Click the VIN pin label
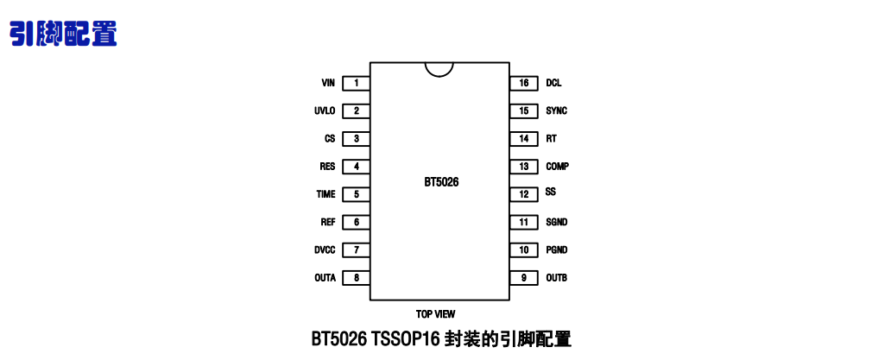pyautogui.click(x=327, y=83)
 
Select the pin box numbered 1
pyautogui.click(x=356, y=83)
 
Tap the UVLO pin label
pyautogui.click(x=325, y=111)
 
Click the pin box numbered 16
pyautogui.click(x=523, y=83)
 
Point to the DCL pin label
pyautogui.click(x=553, y=83)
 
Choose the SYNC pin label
pyautogui.click(x=556, y=111)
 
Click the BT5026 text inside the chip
pyautogui.click(x=441, y=182)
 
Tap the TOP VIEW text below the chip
pyautogui.click(x=435, y=314)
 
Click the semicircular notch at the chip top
pyautogui.click(x=439, y=68)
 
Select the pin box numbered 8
pyautogui.click(x=356, y=278)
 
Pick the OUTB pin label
pyautogui.click(x=556, y=278)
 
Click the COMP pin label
pyautogui.click(x=557, y=167)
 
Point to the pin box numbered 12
pyautogui.click(x=523, y=194)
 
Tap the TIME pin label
pyautogui.click(x=325, y=194)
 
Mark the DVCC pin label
pyautogui.click(x=325, y=250)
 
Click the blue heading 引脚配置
pyautogui.click(x=63, y=33)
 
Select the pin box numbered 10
pyautogui.click(x=523, y=250)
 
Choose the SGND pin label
pyautogui.click(x=556, y=222)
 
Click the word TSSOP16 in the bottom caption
pyautogui.click(x=406, y=339)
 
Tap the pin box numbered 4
pyautogui.click(x=356, y=167)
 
